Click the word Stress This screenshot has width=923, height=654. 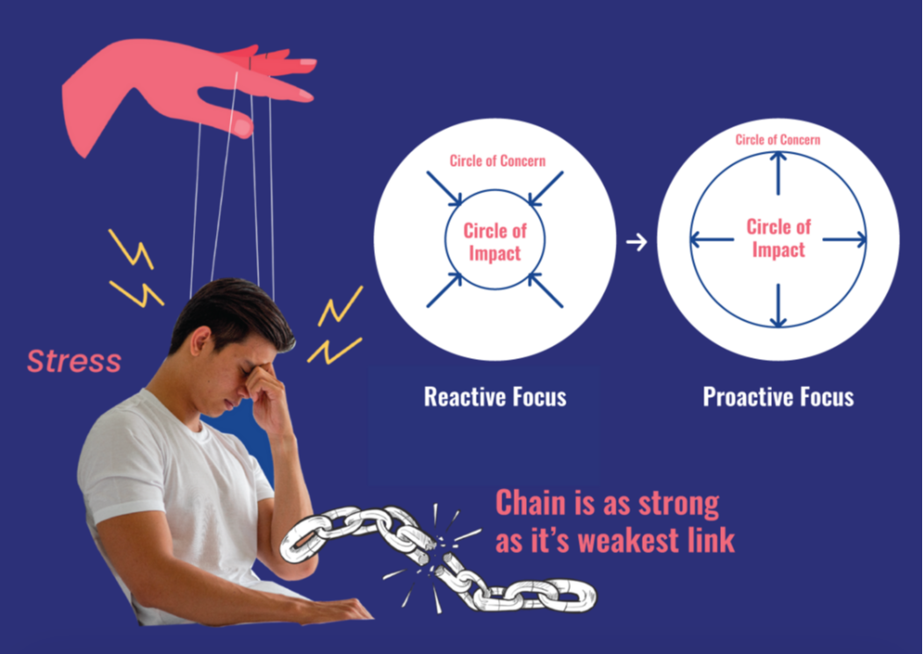74,361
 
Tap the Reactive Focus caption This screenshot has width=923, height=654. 494,397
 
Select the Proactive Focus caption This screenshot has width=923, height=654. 778,397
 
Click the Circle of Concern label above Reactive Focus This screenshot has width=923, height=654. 497,161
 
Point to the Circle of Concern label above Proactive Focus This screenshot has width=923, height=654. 778,140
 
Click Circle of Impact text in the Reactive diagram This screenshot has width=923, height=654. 495,242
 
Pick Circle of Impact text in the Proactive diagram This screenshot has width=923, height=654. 778,238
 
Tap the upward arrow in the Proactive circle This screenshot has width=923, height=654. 778,171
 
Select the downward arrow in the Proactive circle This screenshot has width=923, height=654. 778,306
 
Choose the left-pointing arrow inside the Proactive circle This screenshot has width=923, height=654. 712,239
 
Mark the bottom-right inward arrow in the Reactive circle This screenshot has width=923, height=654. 545,290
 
